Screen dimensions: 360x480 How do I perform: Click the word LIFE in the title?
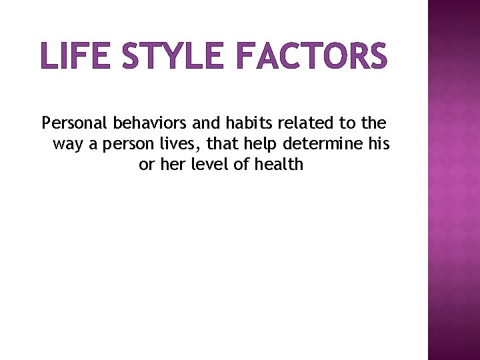tap(73, 55)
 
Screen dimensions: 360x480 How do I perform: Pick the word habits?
tap(247, 123)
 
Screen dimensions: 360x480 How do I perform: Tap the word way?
tap(67, 145)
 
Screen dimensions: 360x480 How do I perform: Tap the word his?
tap(379, 143)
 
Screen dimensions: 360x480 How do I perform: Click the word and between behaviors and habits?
tap(206, 123)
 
